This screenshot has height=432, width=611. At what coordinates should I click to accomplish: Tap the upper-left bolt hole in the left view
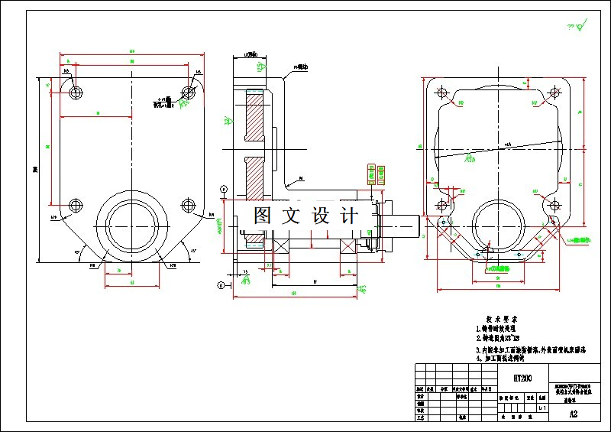click(x=75, y=93)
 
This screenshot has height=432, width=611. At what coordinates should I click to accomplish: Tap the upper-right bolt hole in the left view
click(x=188, y=93)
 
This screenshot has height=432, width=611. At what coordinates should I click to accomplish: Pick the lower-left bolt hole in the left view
click(x=75, y=205)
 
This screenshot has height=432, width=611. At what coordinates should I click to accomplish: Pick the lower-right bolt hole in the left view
click(x=188, y=205)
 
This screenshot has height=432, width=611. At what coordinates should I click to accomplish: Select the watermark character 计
click(x=349, y=216)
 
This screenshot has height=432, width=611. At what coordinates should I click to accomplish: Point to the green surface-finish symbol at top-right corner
click(x=581, y=28)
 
